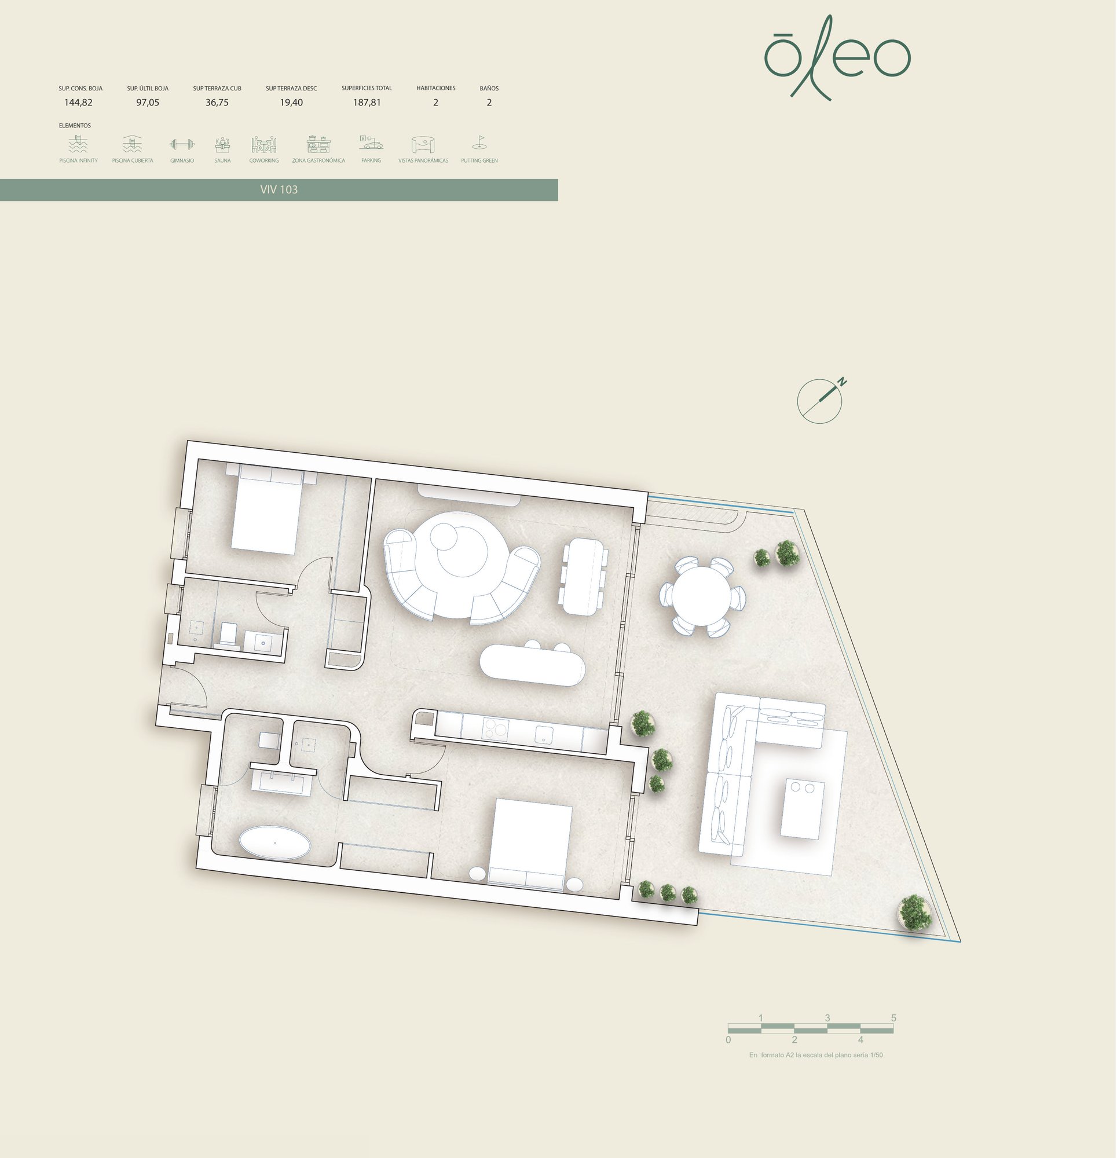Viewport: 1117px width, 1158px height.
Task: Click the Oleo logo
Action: (837, 58)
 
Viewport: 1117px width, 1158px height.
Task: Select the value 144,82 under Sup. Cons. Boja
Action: (78, 102)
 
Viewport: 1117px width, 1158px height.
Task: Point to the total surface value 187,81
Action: (367, 102)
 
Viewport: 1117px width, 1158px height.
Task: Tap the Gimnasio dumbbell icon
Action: (182, 144)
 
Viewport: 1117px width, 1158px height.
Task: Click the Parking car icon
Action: (371, 143)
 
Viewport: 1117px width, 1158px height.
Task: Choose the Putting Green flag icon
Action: (479, 143)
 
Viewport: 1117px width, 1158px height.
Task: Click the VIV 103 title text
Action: (279, 190)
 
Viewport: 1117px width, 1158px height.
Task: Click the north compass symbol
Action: (821, 400)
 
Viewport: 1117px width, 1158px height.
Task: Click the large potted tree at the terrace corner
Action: (915, 910)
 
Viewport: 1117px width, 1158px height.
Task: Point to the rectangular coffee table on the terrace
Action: (802, 808)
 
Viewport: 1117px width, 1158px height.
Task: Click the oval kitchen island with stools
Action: (532, 664)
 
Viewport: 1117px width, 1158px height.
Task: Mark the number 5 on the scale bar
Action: (893, 1017)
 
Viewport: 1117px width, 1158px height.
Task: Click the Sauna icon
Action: (222, 144)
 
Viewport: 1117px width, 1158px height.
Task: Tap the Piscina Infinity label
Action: (78, 161)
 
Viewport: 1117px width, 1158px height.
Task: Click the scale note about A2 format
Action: (815, 1054)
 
